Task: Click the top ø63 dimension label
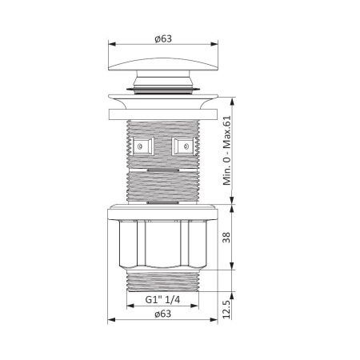(163, 38)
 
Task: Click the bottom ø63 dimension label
(163, 314)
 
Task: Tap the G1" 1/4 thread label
(162, 300)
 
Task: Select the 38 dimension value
(226, 237)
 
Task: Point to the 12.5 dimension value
(226, 310)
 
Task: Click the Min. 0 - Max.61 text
(227, 150)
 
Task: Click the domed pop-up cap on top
(163, 64)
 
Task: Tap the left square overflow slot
(143, 146)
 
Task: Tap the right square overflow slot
(183, 146)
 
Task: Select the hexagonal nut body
(162, 244)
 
